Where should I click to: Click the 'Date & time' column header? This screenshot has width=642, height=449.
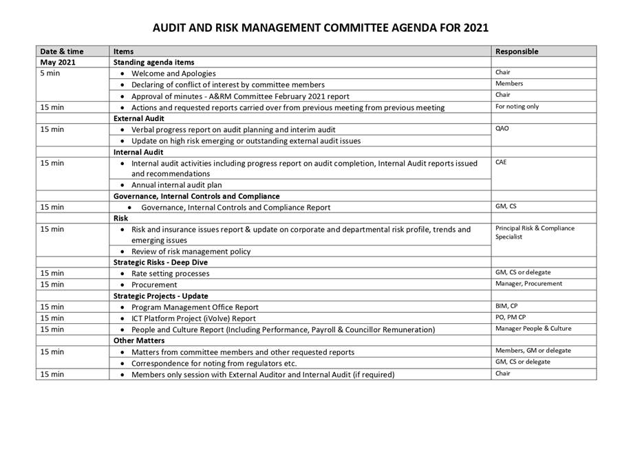click(61, 51)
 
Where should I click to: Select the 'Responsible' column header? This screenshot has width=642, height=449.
click(517, 51)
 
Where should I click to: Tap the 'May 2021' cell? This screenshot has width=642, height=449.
click(58, 62)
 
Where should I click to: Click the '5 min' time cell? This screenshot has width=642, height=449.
click(50, 73)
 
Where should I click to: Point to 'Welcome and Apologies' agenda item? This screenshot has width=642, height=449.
click(173, 73)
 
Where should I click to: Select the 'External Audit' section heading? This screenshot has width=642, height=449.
click(138, 118)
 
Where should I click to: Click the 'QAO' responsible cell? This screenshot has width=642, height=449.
click(502, 129)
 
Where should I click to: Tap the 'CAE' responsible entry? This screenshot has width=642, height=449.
click(502, 162)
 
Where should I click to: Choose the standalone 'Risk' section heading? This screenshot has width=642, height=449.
click(120, 218)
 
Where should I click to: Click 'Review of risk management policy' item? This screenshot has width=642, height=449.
click(191, 251)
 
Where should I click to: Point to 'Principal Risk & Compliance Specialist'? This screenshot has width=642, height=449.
click(534, 232)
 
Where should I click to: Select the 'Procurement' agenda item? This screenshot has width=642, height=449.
click(154, 284)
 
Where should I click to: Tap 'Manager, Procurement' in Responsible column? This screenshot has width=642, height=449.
click(528, 283)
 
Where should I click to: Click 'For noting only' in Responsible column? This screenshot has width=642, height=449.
click(517, 107)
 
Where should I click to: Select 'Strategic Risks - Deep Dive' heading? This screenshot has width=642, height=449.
click(160, 262)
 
